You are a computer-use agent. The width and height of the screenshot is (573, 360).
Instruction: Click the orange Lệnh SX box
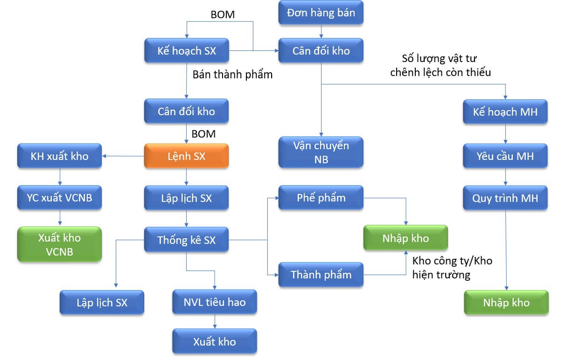pos(186,156)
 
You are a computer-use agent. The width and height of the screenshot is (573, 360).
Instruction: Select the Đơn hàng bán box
pos(321,13)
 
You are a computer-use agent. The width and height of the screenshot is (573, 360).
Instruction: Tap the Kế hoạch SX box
pos(186,50)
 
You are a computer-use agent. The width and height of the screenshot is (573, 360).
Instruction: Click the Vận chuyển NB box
pos(321,152)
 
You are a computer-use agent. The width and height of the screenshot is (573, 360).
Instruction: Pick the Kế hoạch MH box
pos(505,111)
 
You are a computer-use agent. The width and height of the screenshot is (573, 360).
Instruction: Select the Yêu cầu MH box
pos(505,156)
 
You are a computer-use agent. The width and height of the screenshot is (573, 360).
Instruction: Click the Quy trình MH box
pos(505,198)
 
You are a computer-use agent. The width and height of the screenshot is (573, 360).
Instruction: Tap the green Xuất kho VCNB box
pos(59,244)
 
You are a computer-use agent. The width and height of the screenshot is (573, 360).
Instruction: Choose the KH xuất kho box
pos(59,156)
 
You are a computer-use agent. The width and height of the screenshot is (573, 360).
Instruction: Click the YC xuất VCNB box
pos(59,198)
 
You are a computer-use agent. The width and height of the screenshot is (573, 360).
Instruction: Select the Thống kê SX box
pos(186,240)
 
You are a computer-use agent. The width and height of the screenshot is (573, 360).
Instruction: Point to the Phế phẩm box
pos(321,197)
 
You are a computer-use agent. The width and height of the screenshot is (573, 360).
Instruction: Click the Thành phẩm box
pos(321,274)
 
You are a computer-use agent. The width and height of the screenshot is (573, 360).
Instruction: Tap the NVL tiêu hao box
pos(215,302)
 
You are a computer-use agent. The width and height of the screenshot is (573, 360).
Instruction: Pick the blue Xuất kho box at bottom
pos(215,341)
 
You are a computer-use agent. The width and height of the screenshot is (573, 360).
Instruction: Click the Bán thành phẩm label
pos(232,74)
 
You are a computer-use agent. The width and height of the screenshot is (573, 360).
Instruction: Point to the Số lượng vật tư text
pos(439,59)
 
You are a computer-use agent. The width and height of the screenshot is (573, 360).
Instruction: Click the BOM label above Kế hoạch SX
pos(223,14)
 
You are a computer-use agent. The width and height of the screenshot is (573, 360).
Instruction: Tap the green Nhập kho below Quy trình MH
pos(506,302)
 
